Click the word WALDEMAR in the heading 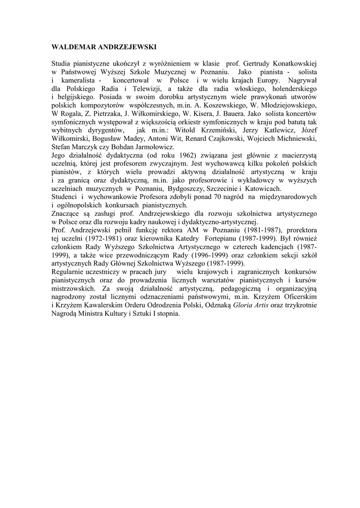coord(71,47)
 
